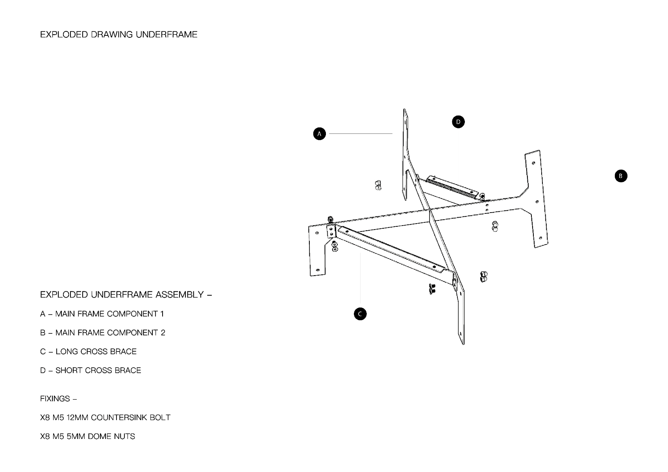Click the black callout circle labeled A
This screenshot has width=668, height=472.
[x=319, y=134]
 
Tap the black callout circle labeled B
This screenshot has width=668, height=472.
[x=621, y=176]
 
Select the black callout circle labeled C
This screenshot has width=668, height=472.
[x=360, y=314]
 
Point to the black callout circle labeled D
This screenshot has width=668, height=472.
[x=458, y=122]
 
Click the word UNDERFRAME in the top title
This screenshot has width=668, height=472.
[x=167, y=35]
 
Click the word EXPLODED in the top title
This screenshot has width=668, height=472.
[x=64, y=35]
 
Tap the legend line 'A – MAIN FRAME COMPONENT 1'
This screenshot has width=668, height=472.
[x=102, y=314]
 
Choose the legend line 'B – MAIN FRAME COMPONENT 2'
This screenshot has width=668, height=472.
[x=103, y=333]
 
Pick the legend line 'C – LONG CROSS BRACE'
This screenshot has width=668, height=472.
[x=88, y=351]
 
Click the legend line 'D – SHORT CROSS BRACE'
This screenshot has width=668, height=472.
[x=91, y=370]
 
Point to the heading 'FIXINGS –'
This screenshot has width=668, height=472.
[x=58, y=399]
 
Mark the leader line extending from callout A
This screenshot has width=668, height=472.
[x=361, y=133]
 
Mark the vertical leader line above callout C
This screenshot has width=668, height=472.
[x=360, y=278]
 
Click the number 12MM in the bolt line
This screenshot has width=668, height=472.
[x=77, y=417]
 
